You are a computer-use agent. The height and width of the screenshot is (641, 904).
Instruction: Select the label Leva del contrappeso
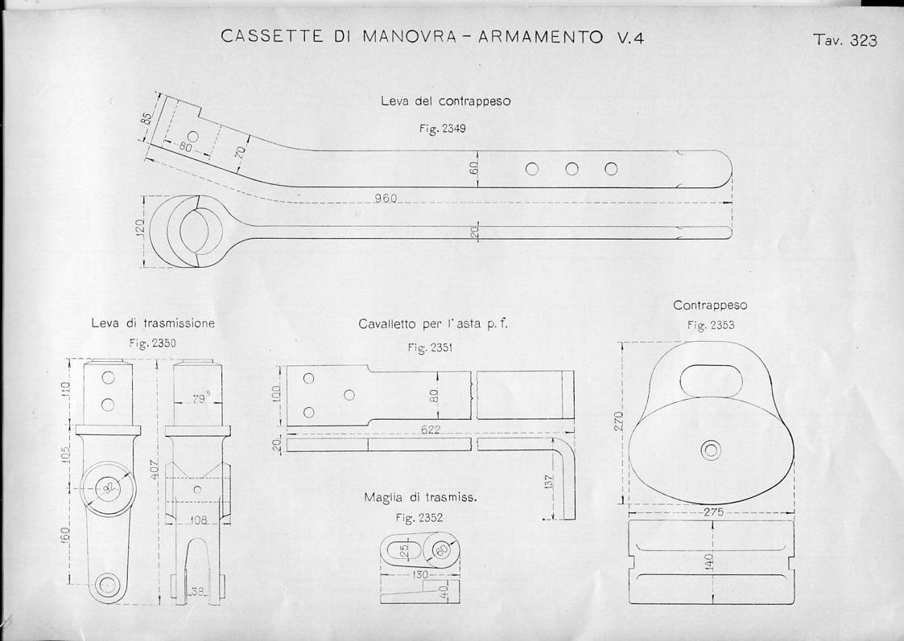pyautogui.click(x=445, y=102)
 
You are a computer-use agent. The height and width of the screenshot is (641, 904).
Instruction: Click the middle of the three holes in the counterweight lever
pyautogui.click(x=572, y=169)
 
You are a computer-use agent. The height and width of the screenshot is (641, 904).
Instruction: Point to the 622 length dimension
pyautogui.click(x=431, y=430)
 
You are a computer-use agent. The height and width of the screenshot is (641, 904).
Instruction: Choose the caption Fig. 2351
pyautogui.click(x=429, y=347)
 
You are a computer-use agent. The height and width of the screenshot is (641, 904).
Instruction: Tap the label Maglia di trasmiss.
pyautogui.click(x=420, y=497)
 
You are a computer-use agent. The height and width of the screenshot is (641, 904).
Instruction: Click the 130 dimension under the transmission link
pyautogui.click(x=420, y=575)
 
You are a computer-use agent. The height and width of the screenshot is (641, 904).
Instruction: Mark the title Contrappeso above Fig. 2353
pyautogui.click(x=710, y=306)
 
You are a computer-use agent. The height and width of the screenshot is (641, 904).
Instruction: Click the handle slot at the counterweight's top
pyautogui.click(x=712, y=379)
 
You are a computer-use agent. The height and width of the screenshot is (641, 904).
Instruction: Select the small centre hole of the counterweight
pyautogui.click(x=711, y=450)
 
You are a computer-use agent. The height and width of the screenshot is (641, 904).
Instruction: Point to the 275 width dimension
pyautogui.click(x=712, y=512)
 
